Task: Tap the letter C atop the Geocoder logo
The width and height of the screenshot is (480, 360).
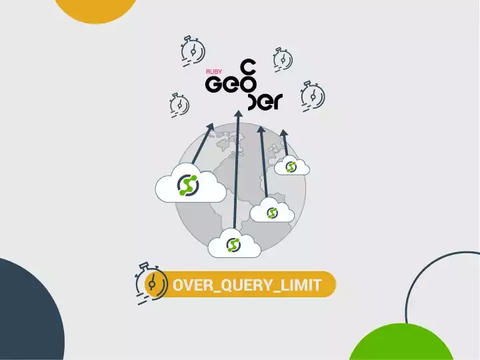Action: [x=247, y=67]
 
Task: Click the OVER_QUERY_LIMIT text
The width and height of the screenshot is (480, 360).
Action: [x=247, y=285]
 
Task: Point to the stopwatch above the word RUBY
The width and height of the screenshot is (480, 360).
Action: [x=193, y=50]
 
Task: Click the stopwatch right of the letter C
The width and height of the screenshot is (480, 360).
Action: [x=283, y=59]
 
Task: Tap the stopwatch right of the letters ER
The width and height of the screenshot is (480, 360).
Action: [x=311, y=95]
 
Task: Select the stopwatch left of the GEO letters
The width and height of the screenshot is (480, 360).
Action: [x=179, y=105]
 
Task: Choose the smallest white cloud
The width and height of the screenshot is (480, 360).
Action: [x=291, y=167]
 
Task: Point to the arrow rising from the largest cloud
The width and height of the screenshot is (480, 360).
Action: [x=202, y=143]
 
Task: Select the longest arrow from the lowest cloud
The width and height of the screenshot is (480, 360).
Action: [x=235, y=173]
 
